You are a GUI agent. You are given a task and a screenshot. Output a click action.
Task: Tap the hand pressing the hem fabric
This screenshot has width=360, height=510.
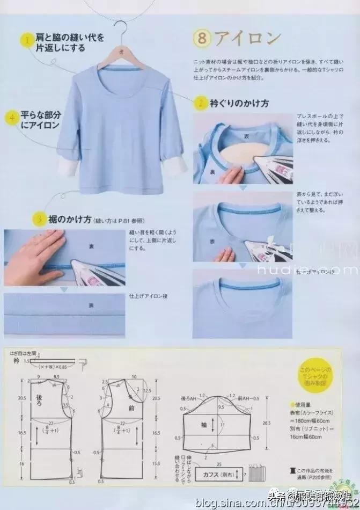30,248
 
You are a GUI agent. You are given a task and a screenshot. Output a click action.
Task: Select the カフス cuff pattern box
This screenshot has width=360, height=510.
213,475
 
